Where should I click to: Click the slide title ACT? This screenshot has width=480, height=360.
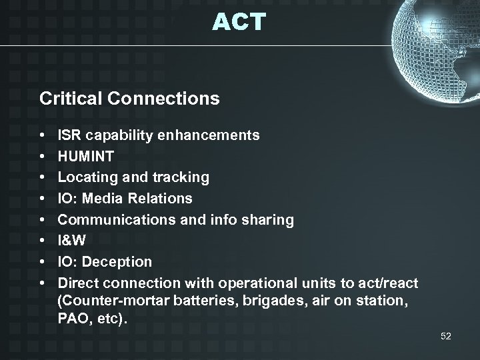239,22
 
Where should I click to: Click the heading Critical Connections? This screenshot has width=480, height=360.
129,99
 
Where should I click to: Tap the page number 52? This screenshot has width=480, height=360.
446,337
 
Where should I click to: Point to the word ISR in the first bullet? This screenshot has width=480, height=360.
69,135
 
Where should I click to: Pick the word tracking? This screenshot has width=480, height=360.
180,178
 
